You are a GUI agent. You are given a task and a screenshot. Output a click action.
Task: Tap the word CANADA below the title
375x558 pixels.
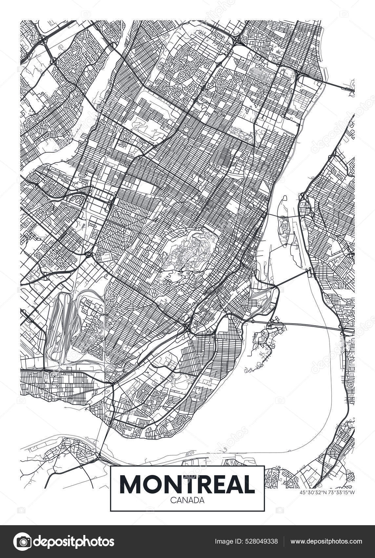click(x=187, y=500)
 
